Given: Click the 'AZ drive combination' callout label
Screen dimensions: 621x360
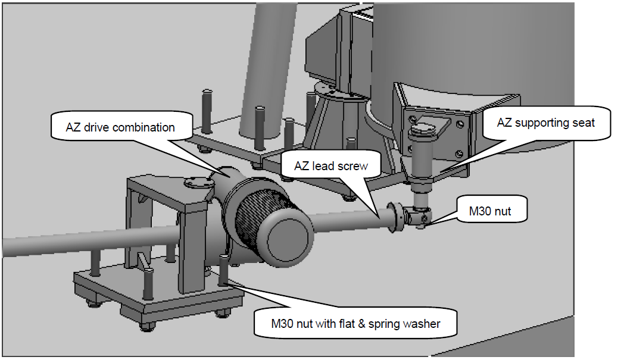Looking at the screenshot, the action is coord(120,127).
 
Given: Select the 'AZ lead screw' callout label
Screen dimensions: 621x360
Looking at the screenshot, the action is coord(330,166).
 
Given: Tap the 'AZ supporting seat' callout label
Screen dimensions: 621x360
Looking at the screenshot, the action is coord(546,123).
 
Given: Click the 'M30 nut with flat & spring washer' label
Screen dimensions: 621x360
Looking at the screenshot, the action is coord(355,324).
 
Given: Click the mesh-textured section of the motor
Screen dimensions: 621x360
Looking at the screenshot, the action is coord(262,215).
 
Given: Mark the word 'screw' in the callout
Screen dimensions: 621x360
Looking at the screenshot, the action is coord(352,166).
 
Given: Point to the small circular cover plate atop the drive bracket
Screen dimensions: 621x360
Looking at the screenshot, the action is coord(199,182).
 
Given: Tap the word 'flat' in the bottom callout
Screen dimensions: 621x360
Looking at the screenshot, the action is coord(346,324).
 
